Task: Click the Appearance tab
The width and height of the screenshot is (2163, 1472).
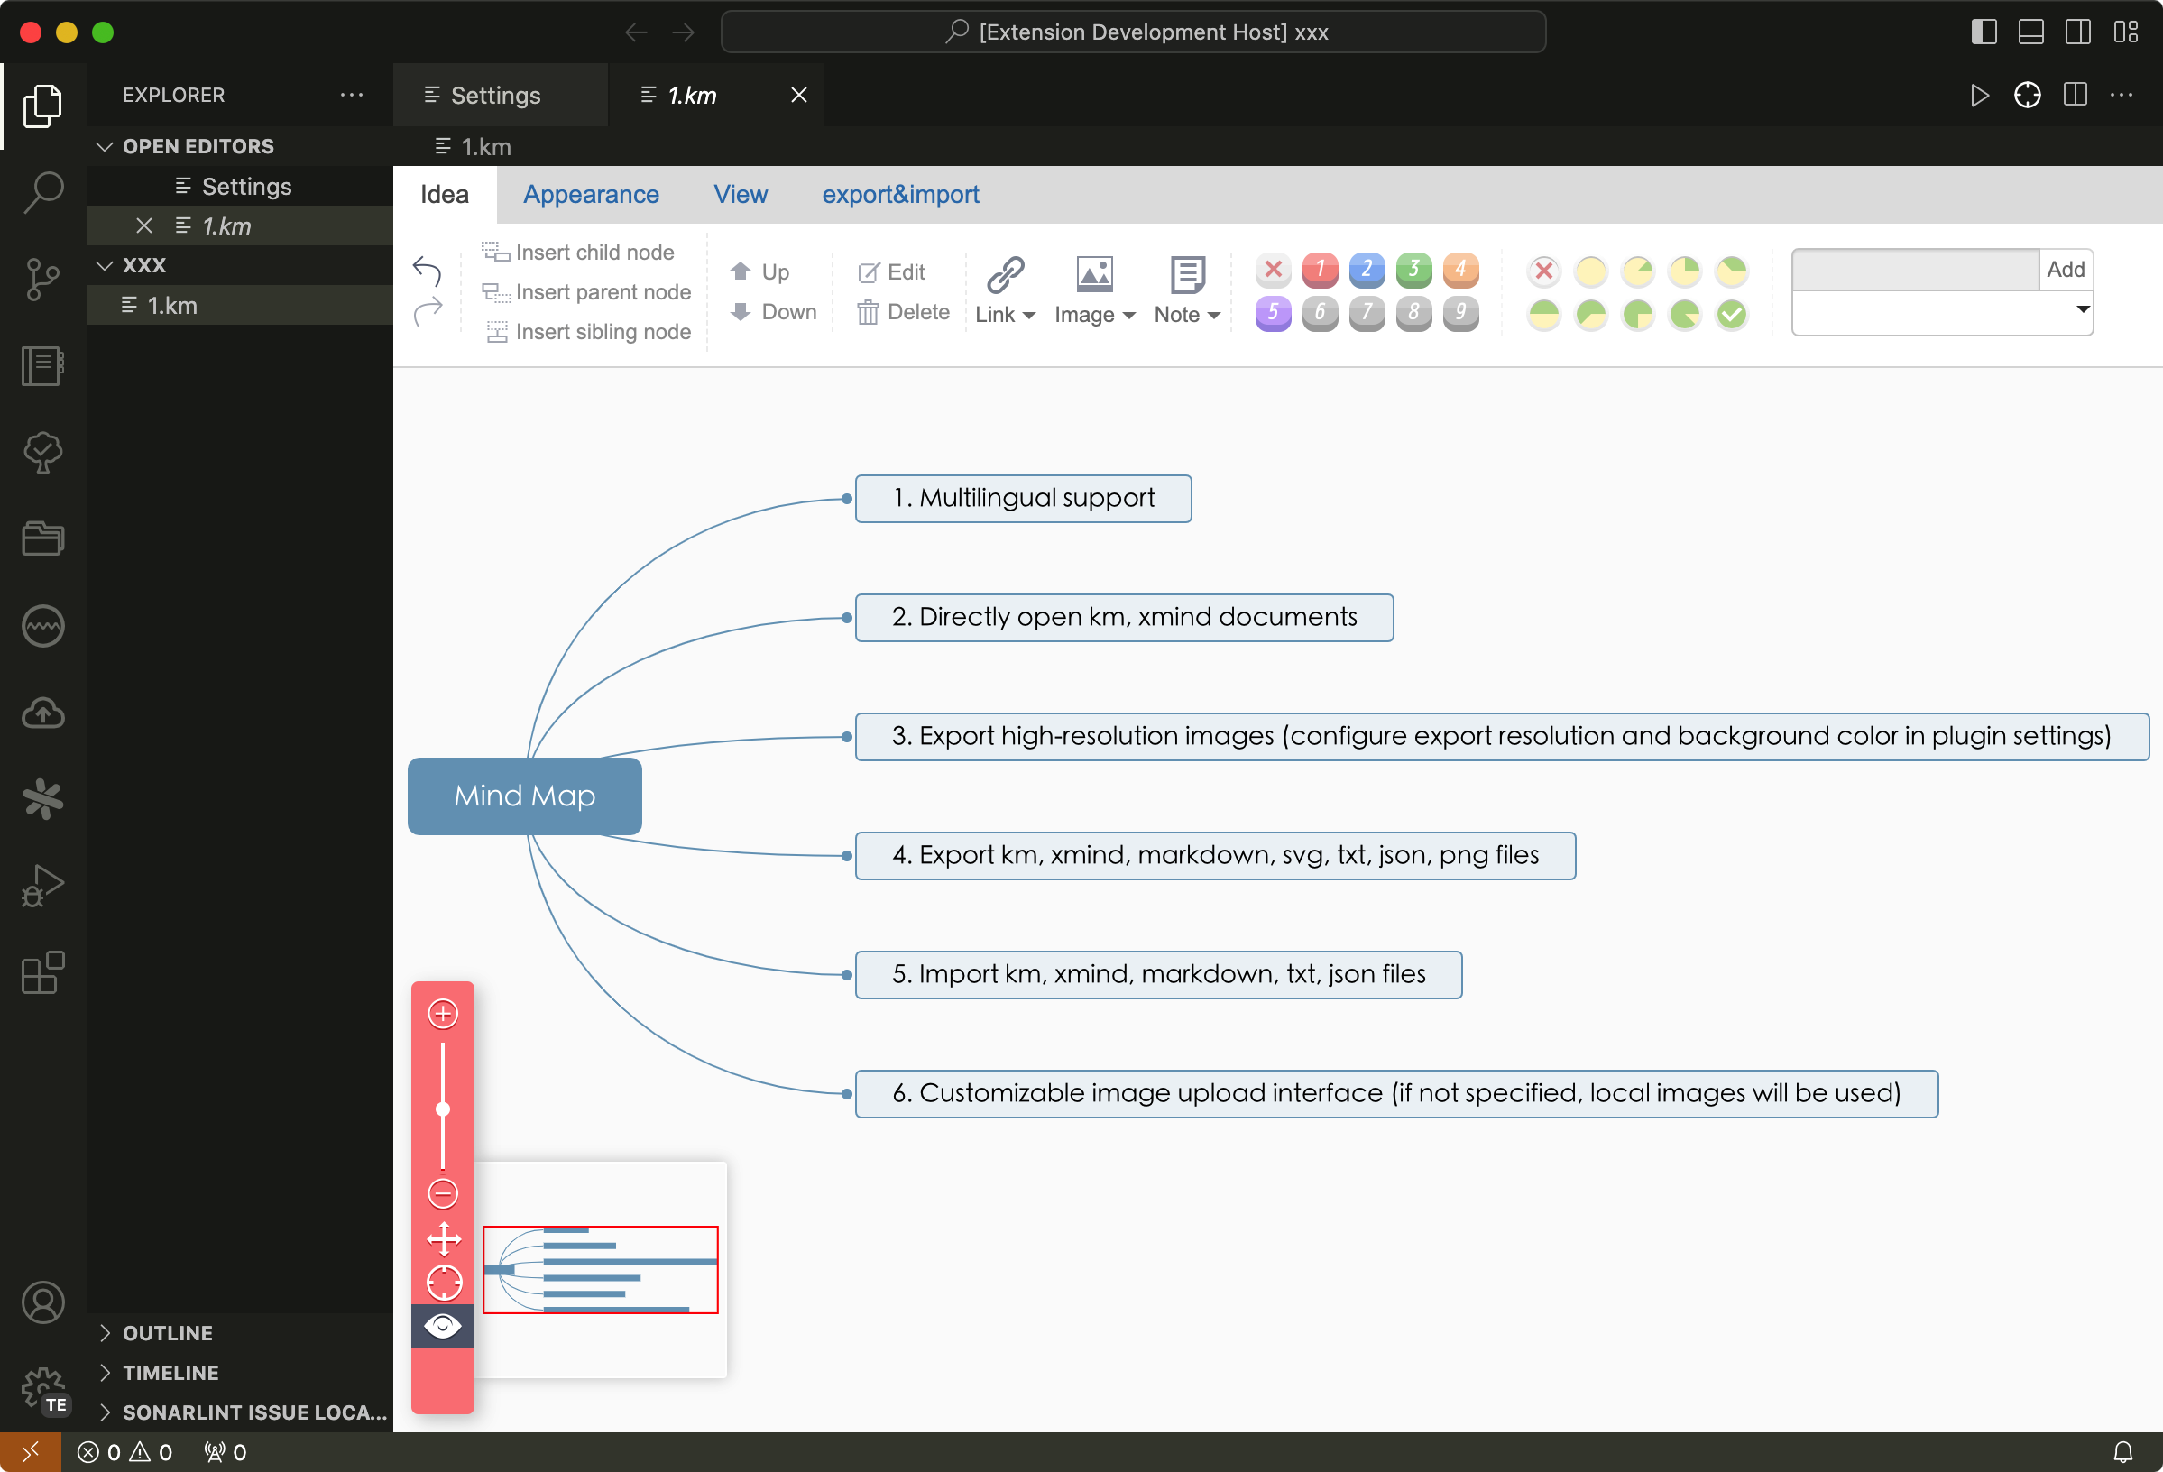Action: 591,195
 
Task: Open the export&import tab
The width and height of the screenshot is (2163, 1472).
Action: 900,195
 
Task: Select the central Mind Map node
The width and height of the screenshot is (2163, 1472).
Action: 525,796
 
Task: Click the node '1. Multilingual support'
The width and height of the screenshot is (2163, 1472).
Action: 1023,499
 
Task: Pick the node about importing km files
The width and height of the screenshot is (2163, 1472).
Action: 1159,974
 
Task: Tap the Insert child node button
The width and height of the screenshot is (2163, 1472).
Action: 578,253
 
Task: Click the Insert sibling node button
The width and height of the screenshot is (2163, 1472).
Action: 587,332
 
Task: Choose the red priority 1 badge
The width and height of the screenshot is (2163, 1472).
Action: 1320,270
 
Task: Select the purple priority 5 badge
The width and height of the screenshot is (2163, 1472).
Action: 1274,314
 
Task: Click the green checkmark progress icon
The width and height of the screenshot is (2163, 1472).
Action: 1731,315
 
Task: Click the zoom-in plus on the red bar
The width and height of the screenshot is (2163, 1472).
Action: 443,1013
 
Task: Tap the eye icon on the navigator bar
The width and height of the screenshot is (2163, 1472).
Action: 443,1326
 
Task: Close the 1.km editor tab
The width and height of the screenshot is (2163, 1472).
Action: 798,95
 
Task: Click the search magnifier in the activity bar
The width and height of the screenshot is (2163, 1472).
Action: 42,192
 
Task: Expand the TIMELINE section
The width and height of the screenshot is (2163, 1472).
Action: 170,1373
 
